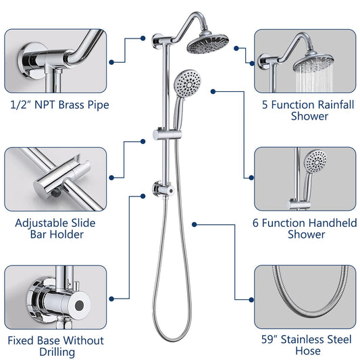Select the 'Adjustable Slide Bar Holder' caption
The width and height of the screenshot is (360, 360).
click(55, 228)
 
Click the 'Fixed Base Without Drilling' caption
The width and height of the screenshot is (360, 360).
click(55, 346)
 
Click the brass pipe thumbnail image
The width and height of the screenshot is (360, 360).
click(55, 61)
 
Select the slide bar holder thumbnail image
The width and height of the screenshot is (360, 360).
click(55, 178)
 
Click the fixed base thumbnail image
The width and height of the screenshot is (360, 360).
click(55, 297)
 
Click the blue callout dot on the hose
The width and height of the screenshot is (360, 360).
click(194, 224)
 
